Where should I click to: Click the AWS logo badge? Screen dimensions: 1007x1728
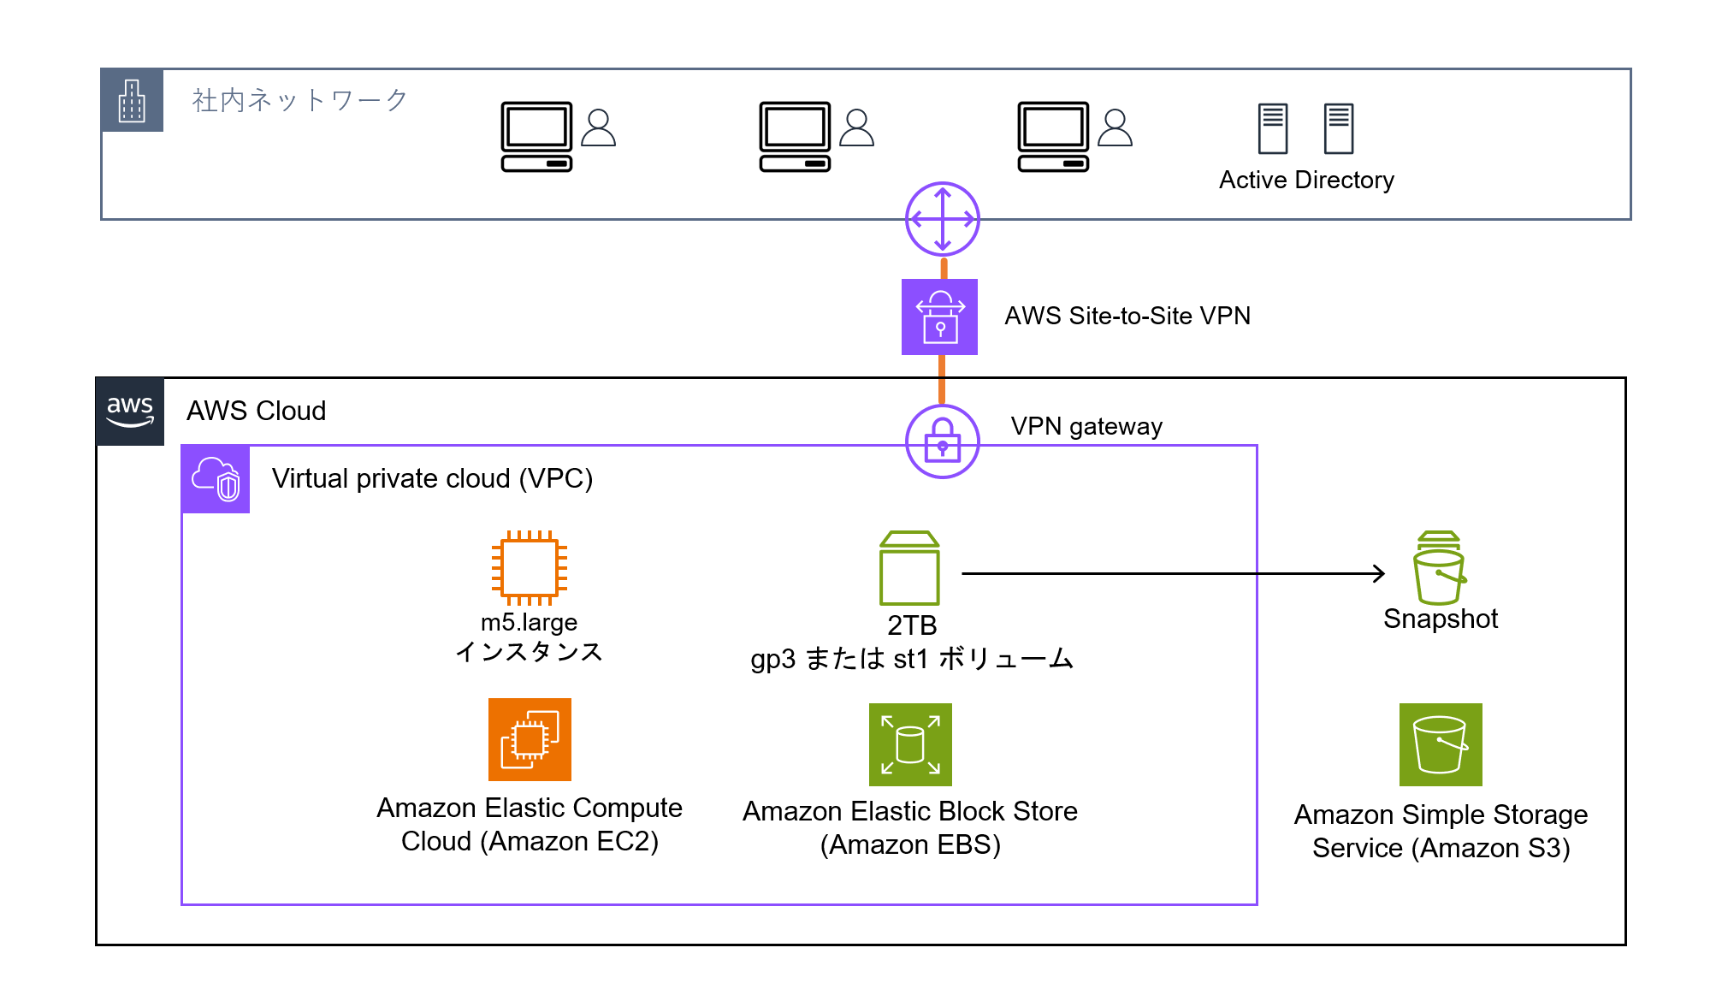pyautogui.click(x=130, y=412)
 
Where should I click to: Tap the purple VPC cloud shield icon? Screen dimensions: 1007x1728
pyautogui.click(x=216, y=479)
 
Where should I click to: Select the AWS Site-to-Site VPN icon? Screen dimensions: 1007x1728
pyautogui.click(x=939, y=317)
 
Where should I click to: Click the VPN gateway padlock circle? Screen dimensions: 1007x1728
pyautogui.click(x=942, y=441)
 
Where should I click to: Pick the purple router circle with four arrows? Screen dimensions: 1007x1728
pyautogui.click(x=942, y=219)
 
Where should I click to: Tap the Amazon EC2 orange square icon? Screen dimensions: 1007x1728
pyautogui.click(x=530, y=740)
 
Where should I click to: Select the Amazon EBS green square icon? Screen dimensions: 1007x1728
pyautogui.click(x=910, y=744)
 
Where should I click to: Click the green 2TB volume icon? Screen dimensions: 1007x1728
pyautogui.click(x=909, y=568)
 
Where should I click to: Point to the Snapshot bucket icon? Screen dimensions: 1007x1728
pyautogui.click(x=1439, y=568)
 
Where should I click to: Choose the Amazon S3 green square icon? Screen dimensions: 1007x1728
pyautogui.click(x=1441, y=744)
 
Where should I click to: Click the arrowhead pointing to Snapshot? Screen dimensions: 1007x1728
pyautogui.click(x=1379, y=573)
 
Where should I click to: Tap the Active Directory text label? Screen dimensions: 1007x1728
pyautogui.click(x=1306, y=181)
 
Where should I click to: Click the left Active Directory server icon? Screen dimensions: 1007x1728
pyautogui.click(x=1272, y=128)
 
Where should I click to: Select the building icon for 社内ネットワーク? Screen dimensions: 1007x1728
pyautogui.click(x=132, y=101)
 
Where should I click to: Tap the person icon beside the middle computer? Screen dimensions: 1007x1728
pyautogui.click(x=856, y=128)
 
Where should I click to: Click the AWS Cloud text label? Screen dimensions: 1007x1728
pyautogui.click(x=256, y=412)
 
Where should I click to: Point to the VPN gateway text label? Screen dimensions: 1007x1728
pyautogui.click(x=1086, y=426)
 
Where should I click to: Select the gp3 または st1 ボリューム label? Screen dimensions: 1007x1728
pyautogui.click(x=912, y=659)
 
